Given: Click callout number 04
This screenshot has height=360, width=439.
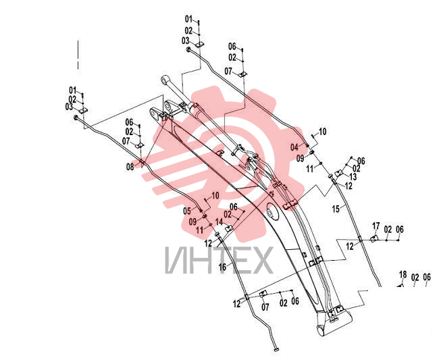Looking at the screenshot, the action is tap(294, 147).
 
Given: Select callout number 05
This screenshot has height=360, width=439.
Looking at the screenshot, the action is tap(187, 211).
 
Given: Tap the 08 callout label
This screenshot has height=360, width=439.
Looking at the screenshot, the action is tap(130, 167).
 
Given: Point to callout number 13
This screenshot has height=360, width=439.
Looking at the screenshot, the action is tap(353, 177).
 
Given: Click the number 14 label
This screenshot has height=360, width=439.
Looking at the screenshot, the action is tap(219, 222).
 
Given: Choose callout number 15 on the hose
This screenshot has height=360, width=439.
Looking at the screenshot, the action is tap(336, 209).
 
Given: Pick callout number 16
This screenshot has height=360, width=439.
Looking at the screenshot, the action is tap(223, 267).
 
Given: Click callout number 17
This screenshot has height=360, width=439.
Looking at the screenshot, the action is tap(376, 226).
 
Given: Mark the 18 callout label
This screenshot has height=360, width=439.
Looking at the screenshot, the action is tap(403, 274).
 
